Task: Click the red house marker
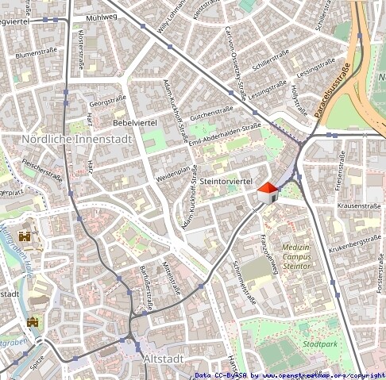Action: (x=268, y=191)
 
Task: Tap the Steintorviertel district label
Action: (x=226, y=182)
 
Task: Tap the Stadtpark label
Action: (x=320, y=344)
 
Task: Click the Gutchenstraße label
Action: (x=210, y=113)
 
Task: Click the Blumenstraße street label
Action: (x=37, y=54)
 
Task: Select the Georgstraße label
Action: (x=108, y=102)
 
